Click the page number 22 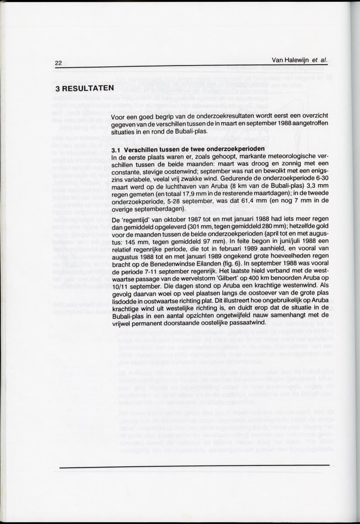coord(58,63)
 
